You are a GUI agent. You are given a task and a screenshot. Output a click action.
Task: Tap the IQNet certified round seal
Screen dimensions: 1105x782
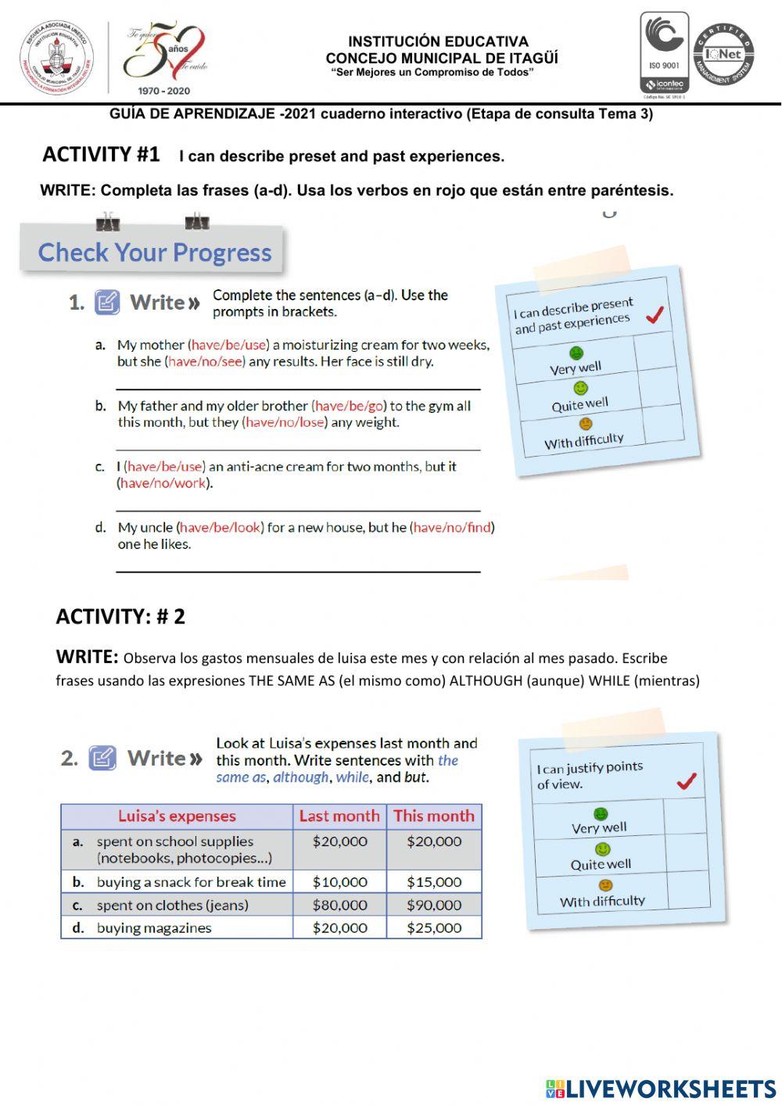click(723, 55)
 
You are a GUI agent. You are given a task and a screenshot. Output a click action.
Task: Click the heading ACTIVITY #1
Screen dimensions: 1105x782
click(101, 154)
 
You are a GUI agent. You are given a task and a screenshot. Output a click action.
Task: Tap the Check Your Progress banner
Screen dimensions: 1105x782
click(154, 252)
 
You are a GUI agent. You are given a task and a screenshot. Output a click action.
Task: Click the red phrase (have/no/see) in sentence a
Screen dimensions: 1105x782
click(205, 361)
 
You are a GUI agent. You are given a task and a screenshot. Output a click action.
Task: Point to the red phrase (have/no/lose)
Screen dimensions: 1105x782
click(285, 422)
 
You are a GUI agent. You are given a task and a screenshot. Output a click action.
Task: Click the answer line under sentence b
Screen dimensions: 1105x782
click(297, 449)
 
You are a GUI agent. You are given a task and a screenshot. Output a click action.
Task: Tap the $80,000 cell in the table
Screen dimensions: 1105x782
click(339, 905)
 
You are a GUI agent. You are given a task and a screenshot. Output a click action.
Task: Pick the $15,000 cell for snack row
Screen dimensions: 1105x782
click(434, 881)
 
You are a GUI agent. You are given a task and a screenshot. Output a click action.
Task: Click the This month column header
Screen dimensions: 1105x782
click(434, 816)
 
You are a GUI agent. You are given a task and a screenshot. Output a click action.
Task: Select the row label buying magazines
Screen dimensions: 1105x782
click(154, 927)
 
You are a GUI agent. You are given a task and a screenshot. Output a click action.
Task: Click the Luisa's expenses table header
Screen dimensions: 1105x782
click(177, 816)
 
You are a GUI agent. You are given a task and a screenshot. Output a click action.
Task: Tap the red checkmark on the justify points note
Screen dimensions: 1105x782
click(686, 780)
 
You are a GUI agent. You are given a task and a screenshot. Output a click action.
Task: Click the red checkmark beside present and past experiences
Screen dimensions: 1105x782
click(655, 314)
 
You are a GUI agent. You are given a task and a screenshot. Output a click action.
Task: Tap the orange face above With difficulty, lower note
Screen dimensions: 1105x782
click(604, 885)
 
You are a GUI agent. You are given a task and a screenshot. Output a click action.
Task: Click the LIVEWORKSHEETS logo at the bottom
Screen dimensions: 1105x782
click(661, 1089)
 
